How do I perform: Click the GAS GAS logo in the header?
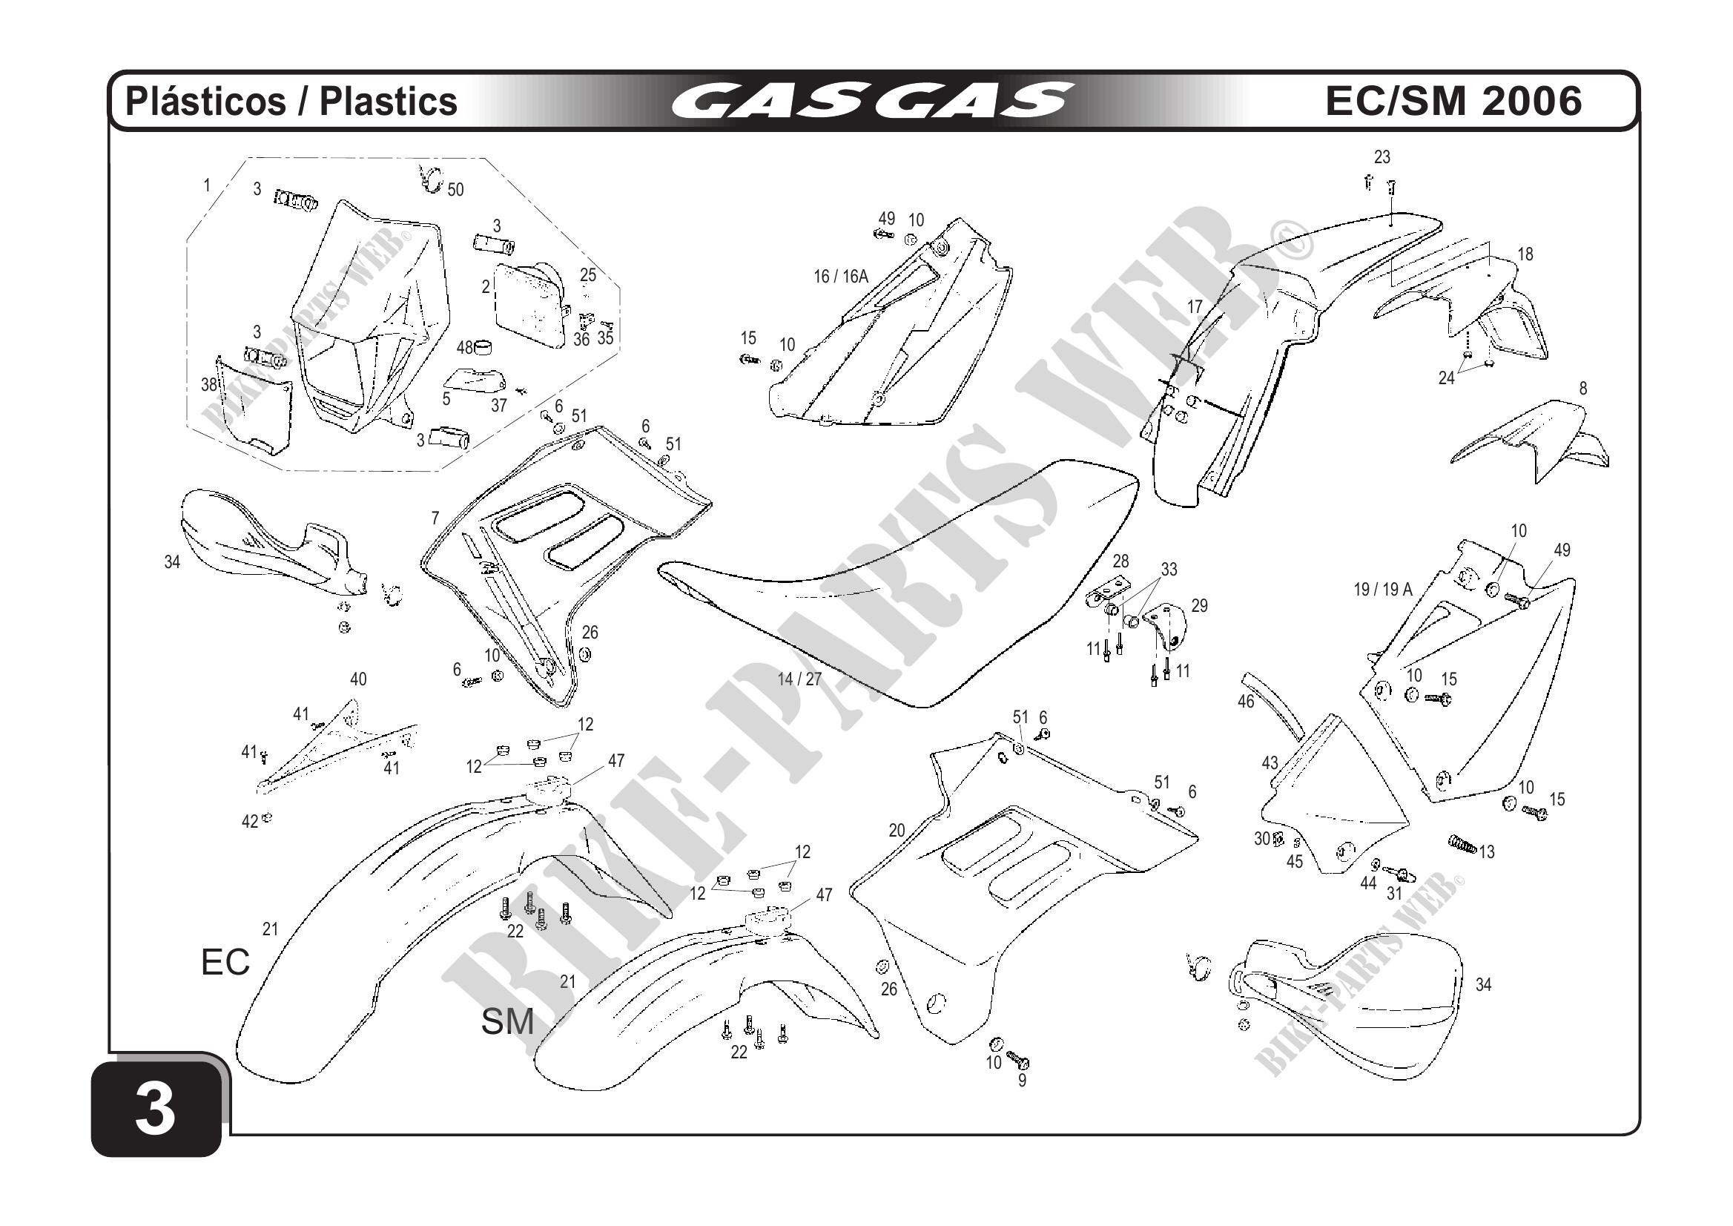(x=871, y=101)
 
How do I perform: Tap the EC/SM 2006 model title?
(x=1453, y=101)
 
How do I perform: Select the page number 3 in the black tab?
(x=156, y=1110)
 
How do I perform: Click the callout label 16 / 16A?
(x=841, y=277)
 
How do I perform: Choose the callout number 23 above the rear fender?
(x=1382, y=157)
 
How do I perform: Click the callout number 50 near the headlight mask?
(x=455, y=190)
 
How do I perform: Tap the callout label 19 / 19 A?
(x=1383, y=590)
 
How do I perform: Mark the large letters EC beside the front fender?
(x=225, y=963)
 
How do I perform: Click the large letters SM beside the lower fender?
(x=507, y=1022)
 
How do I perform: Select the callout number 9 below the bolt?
(x=1022, y=1081)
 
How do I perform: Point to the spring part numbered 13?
(x=1463, y=845)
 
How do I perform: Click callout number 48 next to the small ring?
(x=465, y=348)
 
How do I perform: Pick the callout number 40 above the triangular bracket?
(x=358, y=679)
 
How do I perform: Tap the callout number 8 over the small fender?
(x=1582, y=389)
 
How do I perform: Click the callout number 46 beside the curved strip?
(x=1246, y=702)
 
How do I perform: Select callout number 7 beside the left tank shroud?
(x=435, y=518)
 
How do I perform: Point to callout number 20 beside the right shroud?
(x=897, y=831)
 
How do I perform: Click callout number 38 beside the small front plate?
(x=209, y=385)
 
